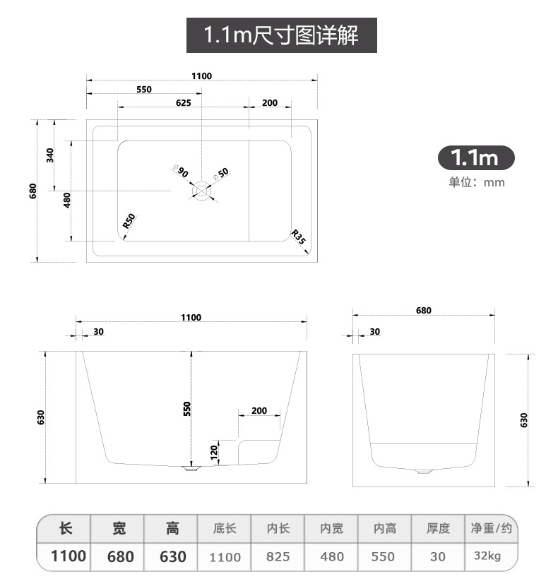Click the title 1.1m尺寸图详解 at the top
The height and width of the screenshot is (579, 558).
tap(281, 35)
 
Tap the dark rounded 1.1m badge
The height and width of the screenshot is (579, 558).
tap(476, 157)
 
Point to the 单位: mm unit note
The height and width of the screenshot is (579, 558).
tap(477, 182)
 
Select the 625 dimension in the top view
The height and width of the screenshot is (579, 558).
tap(183, 102)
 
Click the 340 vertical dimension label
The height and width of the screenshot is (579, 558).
tap(49, 155)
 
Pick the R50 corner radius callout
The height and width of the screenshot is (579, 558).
tap(129, 220)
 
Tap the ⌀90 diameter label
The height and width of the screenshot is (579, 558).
tap(180, 172)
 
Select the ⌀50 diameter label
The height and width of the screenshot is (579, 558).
tap(221, 172)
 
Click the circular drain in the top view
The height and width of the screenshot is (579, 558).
tap(202, 190)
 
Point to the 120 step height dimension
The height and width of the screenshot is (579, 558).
tap(214, 450)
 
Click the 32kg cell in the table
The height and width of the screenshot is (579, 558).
tap(487, 556)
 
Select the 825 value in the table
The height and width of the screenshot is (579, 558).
tap(278, 556)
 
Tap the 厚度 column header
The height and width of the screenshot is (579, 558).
tap(438, 528)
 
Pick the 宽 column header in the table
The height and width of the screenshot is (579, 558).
tap(119, 528)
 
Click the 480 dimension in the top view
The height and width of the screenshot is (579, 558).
tap(67, 201)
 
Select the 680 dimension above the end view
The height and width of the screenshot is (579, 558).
tap(423, 310)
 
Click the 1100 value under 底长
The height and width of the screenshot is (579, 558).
tap(225, 556)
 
